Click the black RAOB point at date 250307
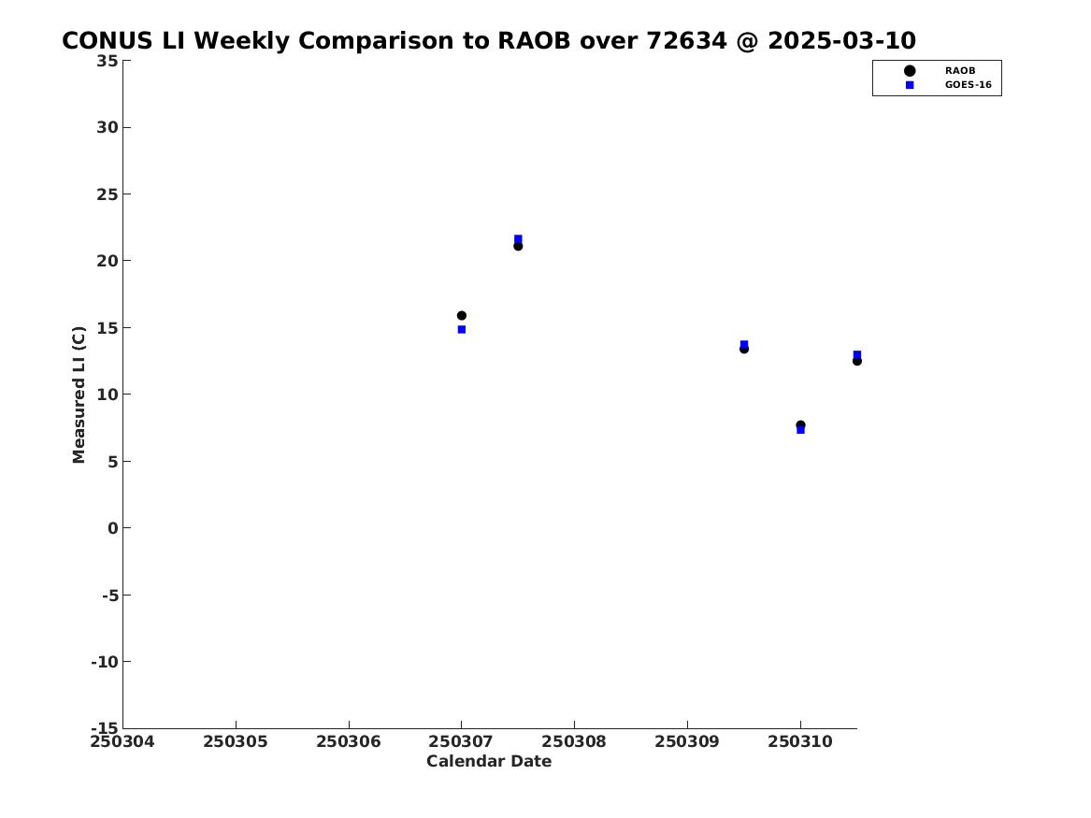point(461,316)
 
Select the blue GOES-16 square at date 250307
point(461,330)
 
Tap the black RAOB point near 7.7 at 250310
point(800,425)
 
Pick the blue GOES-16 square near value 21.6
point(518,238)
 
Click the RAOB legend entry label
point(959,71)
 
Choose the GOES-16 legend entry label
point(968,85)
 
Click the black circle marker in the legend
point(910,71)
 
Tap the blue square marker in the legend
point(910,85)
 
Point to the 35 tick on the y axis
point(108,61)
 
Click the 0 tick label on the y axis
point(113,528)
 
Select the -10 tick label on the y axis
point(105,662)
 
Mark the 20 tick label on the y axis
point(108,261)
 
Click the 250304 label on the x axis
point(122,741)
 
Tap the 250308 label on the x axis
point(574,741)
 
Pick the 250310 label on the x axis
point(800,741)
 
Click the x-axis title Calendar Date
point(489,761)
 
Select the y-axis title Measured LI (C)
point(79,395)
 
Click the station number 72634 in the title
point(687,41)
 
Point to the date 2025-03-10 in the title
point(842,41)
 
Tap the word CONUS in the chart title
point(108,41)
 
